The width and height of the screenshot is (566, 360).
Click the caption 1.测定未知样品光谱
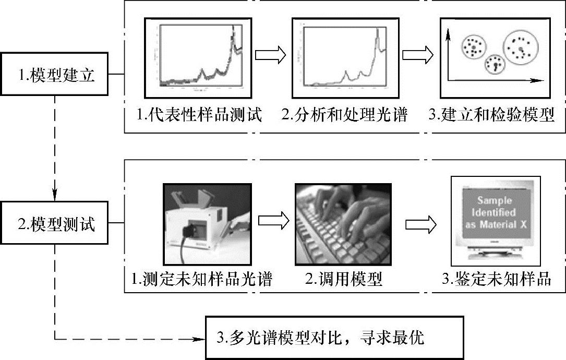click(201, 280)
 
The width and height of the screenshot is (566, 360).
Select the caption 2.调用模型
click(344, 280)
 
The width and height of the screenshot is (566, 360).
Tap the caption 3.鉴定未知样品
click(496, 280)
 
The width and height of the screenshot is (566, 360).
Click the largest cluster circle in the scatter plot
click(521, 47)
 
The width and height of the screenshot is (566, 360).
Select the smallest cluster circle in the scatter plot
click(493, 64)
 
